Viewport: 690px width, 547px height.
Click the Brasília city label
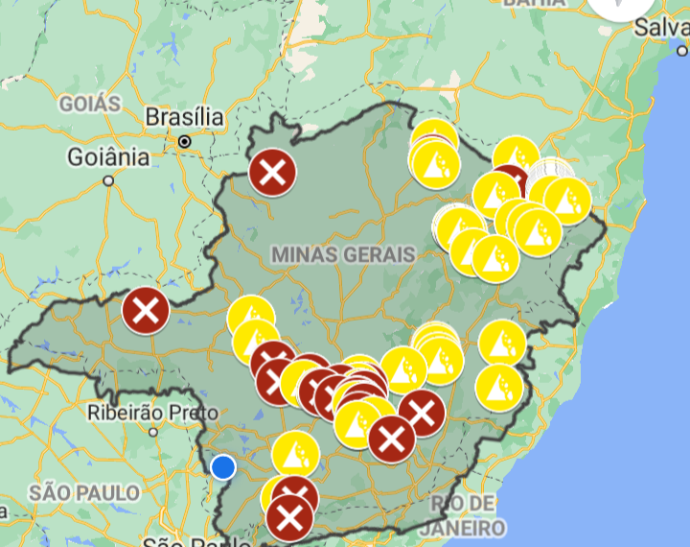click(x=184, y=118)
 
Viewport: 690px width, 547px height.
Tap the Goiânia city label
click(x=108, y=156)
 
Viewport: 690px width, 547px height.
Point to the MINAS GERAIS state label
click(x=343, y=254)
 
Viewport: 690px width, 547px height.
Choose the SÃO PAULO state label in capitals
click(x=83, y=493)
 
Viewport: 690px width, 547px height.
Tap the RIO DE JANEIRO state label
click(x=468, y=516)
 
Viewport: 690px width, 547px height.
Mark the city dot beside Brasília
click(x=184, y=141)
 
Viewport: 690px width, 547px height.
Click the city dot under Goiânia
click(x=108, y=179)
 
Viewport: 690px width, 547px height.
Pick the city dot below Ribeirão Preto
click(x=152, y=432)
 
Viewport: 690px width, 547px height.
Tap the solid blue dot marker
click(x=223, y=466)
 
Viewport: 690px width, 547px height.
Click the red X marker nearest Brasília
click(x=272, y=174)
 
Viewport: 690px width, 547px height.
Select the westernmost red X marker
click(x=146, y=310)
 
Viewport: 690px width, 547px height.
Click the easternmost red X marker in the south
click(x=420, y=414)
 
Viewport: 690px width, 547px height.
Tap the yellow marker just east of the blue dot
click(x=294, y=454)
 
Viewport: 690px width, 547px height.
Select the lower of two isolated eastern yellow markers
click(x=499, y=387)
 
